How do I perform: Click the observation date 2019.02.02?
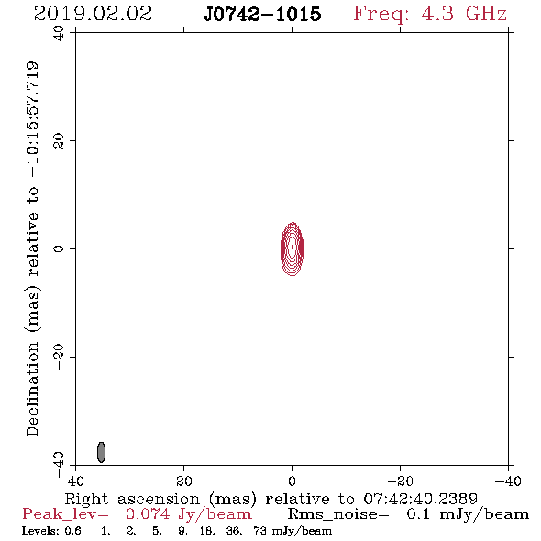click(x=93, y=14)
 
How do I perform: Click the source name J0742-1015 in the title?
click(x=262, y=14)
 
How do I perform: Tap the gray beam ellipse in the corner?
click(x=101, y=452)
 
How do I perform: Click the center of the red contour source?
click(x=293, y=248)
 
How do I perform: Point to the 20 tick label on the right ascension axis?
click(x=183, y=481)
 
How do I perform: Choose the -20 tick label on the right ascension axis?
click(x=400, y=481)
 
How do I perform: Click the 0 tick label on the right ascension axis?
click(x=292, y=481)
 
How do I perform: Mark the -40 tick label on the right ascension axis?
click(x=508, y=481)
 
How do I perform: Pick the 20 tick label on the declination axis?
click(x=59, y=141)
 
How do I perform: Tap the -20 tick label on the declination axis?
click(x=59, y=357)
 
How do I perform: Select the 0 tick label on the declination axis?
click(x=59, y=248)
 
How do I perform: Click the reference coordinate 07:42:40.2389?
click(x=420, y=499)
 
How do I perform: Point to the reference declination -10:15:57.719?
click(x=32, y=120)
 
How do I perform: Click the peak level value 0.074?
click(x=148, y=514)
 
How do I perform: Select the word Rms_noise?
click(x=338, y=514)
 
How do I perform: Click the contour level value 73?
click(x=259, y=530)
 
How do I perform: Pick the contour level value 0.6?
click(x=74, y=531)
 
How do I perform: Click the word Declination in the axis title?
click(x=32, y=389)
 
